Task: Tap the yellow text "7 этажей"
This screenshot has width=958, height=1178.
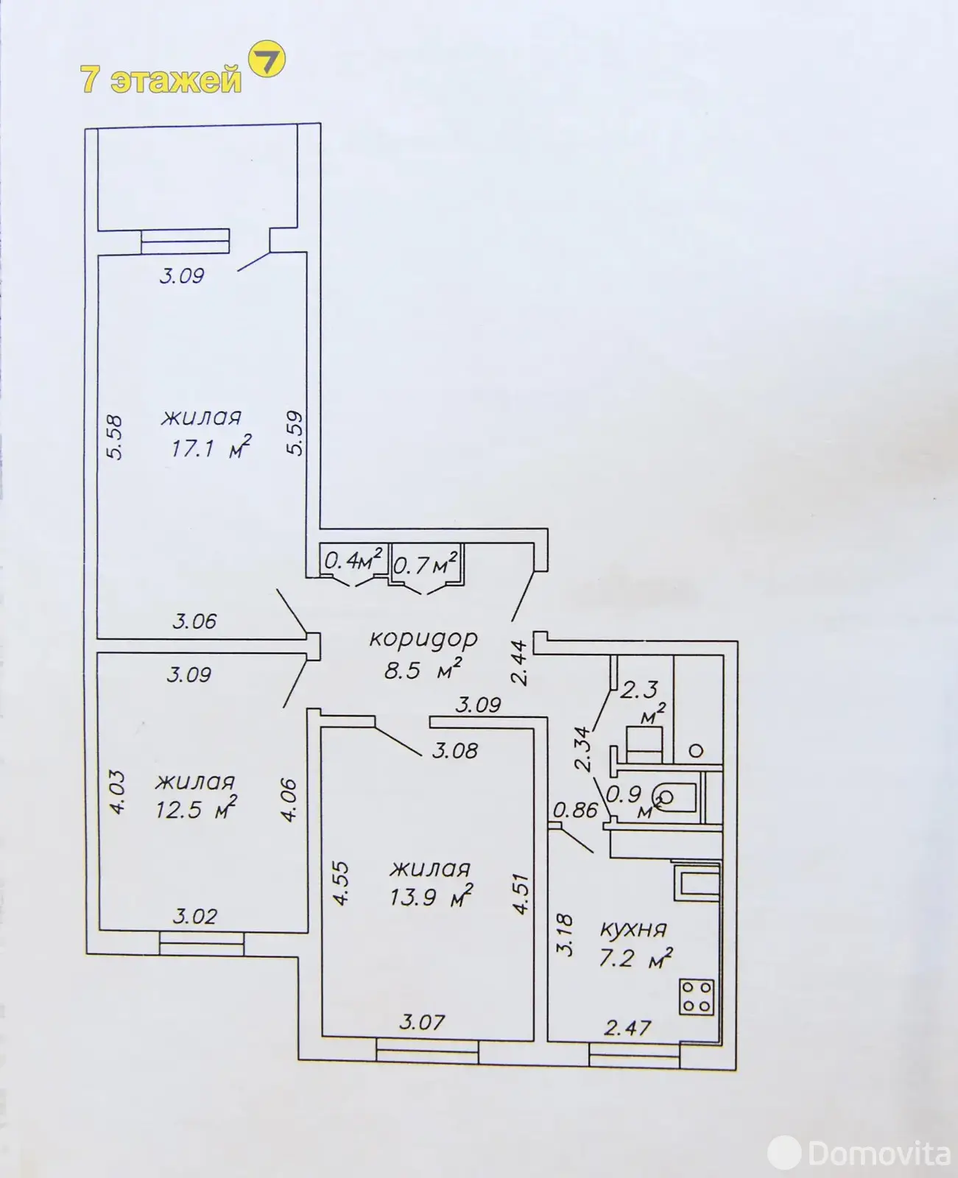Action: pos(161,80)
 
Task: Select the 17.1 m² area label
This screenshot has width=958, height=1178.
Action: pos(210,446)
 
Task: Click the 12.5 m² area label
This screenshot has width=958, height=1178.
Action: pos(195,810)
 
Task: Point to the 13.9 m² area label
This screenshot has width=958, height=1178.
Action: pos(431,897)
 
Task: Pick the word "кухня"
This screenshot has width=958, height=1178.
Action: pos(633,930)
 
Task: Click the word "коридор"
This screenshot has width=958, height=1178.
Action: pos(423,639)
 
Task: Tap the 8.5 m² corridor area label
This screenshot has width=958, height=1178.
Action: pos(423,670)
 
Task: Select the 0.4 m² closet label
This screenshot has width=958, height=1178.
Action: pos(353,560)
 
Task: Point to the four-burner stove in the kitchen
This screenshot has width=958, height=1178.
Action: pos(697,997)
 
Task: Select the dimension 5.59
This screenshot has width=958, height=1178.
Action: pos(295,433)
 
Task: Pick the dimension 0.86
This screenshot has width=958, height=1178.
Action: pos(575,810)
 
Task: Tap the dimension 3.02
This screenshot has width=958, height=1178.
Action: pos(194,917)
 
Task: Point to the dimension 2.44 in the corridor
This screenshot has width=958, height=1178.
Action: pos(519,663)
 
